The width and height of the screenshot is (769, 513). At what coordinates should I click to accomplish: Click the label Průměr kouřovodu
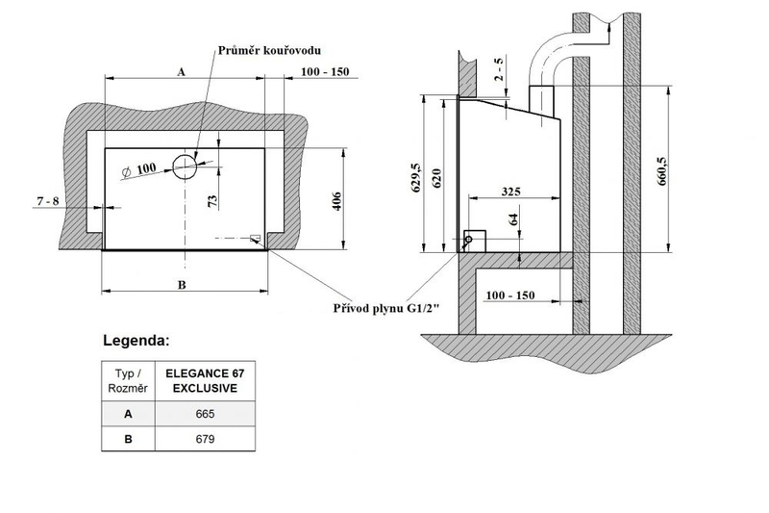[x=269, y=49]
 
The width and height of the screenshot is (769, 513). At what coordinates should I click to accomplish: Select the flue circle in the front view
[x=185, y=165]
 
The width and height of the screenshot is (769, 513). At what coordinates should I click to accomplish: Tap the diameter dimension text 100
[x=143, y=169]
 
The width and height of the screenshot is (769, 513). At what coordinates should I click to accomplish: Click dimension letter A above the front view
[x=180, y=71]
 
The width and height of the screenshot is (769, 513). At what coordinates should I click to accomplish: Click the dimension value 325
[x=509, y=192]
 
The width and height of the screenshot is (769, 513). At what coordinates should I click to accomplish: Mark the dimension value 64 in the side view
[x=513, y=219]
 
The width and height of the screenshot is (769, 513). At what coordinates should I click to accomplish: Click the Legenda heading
[x=137, y=341]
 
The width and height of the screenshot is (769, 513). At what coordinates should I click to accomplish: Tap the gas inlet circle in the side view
[x=469, y=239]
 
